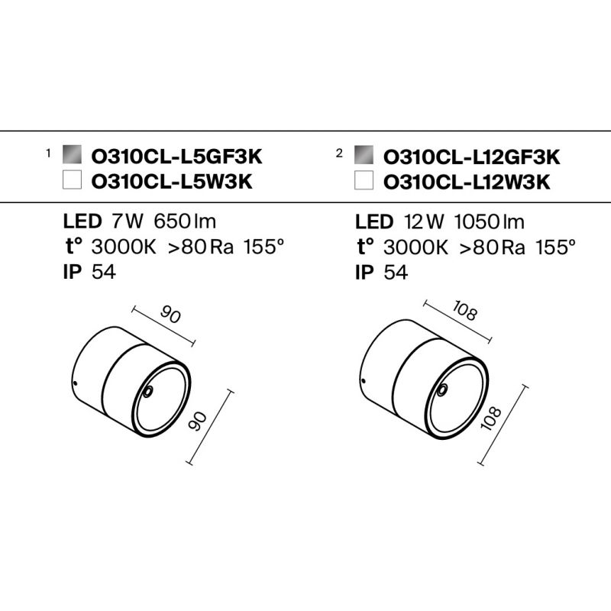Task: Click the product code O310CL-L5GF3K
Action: [x=176, y=157]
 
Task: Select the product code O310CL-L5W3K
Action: [x=172, y=182]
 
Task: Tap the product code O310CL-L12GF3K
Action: [x=471, y=157]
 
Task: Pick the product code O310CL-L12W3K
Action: [x=467, y=182]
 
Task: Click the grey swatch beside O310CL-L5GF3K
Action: [x=72, y=155]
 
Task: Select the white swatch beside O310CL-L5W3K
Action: [x=72, y=179]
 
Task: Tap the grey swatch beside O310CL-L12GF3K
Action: [x=364, y=155]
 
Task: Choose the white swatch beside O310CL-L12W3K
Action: [x=364, y=179]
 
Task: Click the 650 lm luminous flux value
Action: [x=185, y=221]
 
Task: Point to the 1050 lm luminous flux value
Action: [x=489, y=221]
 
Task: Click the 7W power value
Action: [x=128, y=221]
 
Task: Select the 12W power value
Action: [x=424, y=221]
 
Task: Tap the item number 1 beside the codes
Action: [x=48, y=154]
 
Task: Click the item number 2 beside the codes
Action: [x=339, y=154]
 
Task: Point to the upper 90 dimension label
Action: [x=170, y=315]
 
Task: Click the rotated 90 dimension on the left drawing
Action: [x=198, y=422]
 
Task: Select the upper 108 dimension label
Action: [x=465, y=312]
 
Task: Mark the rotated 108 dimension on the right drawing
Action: [x=491, y=418]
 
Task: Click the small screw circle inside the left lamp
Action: [x=148, y=392]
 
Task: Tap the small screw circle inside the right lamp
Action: [x=443, y=390]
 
